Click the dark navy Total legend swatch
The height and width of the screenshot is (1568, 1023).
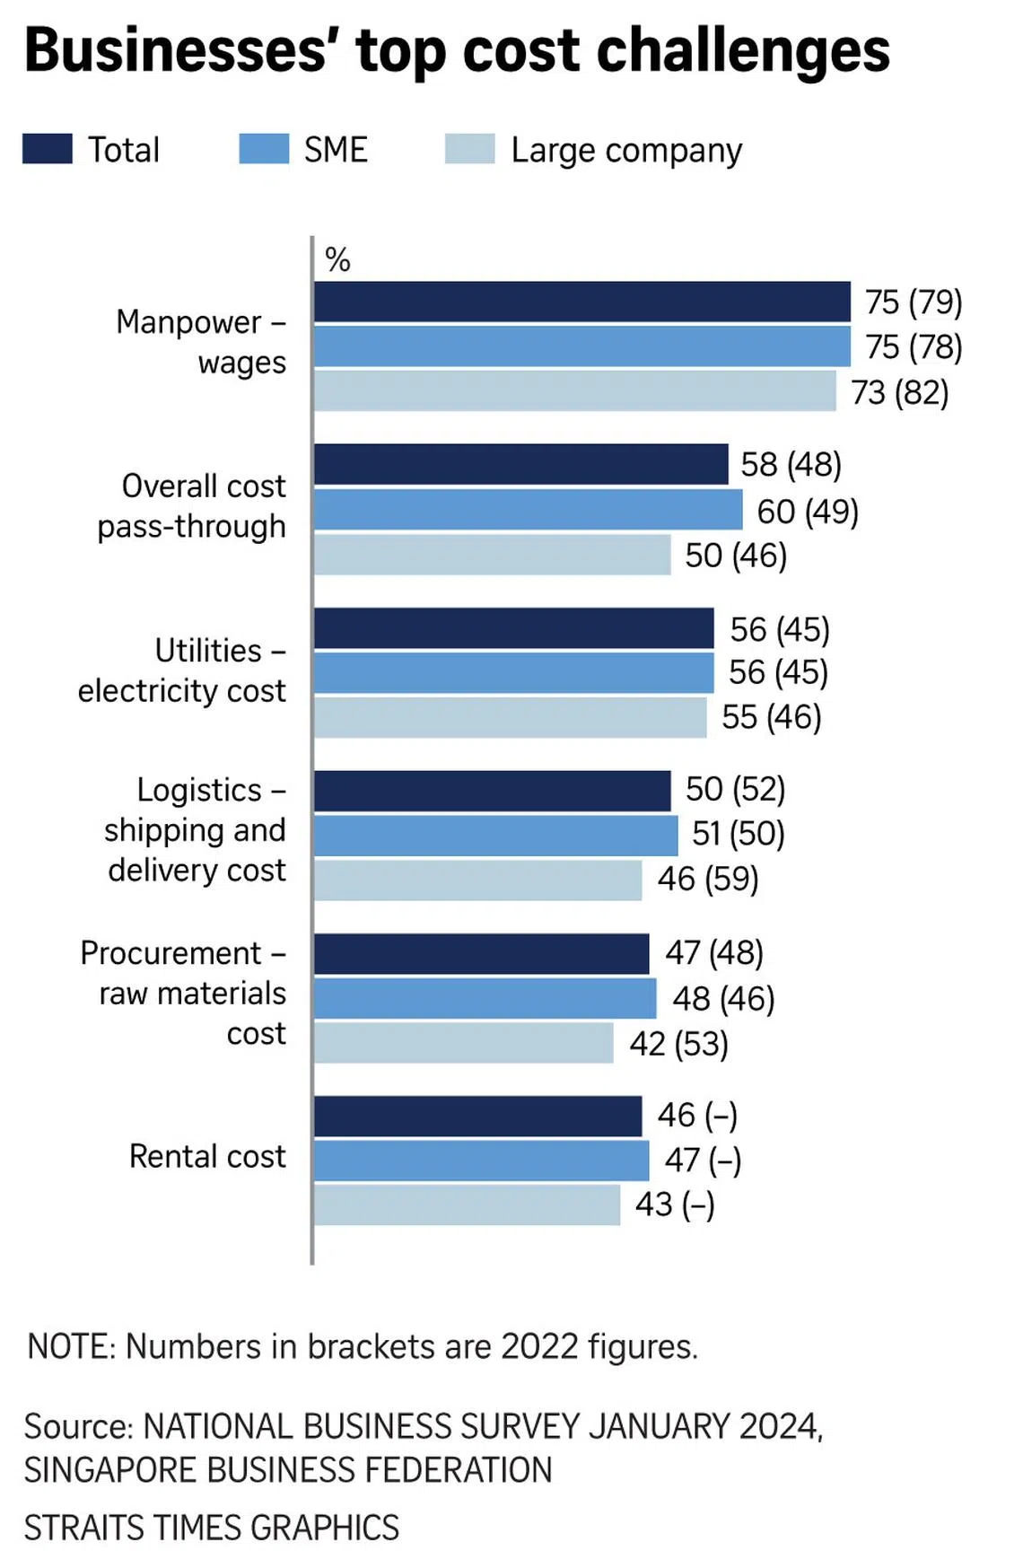pos(48,149)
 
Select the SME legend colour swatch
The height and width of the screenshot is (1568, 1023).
pos(264,149)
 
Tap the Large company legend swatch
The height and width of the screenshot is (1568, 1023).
pos(469,149)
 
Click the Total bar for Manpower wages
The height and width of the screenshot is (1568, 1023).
pos(581,302)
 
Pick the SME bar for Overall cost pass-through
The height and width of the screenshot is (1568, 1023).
pos(528,510)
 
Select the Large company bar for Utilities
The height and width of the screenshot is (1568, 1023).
pos(510,717)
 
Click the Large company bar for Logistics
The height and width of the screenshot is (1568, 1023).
pos(477,880)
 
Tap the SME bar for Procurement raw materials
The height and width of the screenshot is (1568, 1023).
pos(485,998)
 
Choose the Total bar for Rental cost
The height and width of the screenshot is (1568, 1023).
pos(477,1116)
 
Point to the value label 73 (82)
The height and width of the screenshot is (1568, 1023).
pos(899,393)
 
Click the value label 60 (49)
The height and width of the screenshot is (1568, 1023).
pos(808,512)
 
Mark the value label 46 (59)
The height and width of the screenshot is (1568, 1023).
pos(708,879)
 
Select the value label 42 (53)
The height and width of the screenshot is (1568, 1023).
pos(678,1044)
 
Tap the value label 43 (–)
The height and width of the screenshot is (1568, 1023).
pos(675,1204)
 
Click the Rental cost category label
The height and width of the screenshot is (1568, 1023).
pos(207,1156)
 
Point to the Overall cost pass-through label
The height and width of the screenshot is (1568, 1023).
pos(192,506)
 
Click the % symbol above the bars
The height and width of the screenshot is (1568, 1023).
pos(337,260)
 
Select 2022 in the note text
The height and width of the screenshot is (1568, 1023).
pos(539,1346)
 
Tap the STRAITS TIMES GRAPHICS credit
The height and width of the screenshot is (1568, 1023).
pos(212,1527)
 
